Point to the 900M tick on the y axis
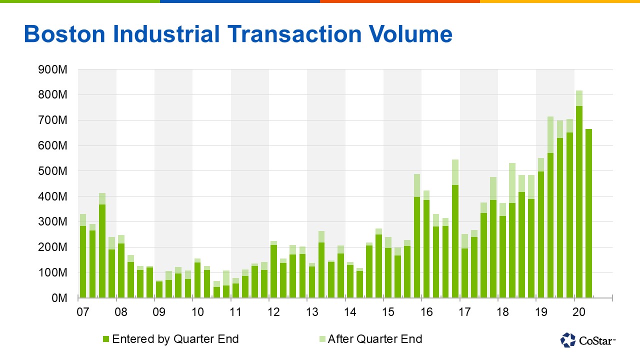pos(53,69)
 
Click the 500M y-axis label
pos(53,171)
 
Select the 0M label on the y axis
pos(58,298)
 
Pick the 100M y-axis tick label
pos(53,272)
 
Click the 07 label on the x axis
pos(82,312)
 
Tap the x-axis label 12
pos(273,312)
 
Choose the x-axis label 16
pos(426,312)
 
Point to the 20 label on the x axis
pos(578,312)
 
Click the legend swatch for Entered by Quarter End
pos(106,339)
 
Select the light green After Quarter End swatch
pos(321,339)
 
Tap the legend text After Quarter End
pos(375,339)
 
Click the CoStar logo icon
pos(568,340)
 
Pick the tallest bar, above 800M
pos(579,200)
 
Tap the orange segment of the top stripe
pos(400,1)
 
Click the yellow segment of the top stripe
pos(560,1)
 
